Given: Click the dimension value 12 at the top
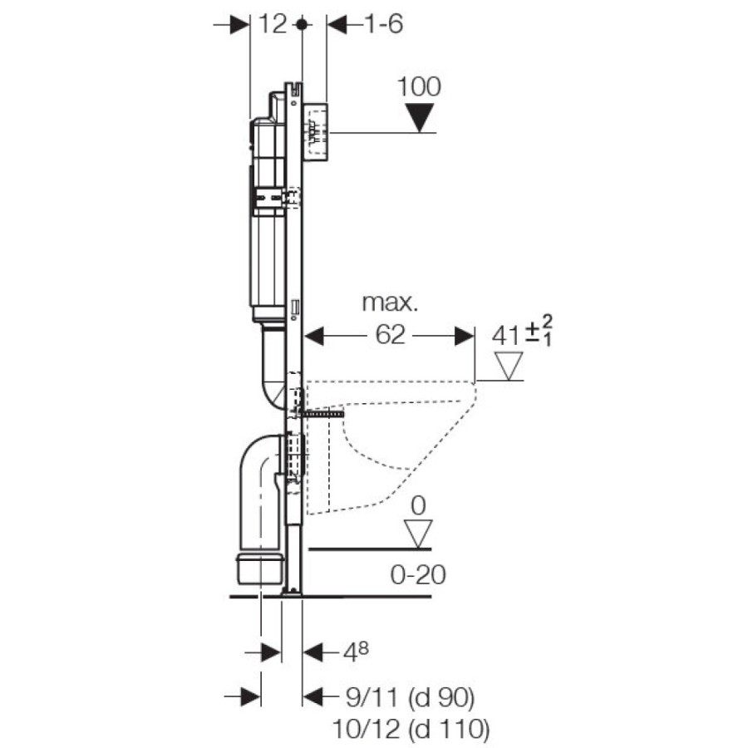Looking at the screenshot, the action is tap(273, 24).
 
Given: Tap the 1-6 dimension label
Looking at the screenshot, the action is tap(384, 24).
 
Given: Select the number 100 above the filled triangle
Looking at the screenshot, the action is tap(420, 86).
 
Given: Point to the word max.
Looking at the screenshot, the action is tap(391, 303).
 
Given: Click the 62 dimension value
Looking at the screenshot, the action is tap(391, 334).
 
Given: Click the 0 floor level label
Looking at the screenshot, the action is tap(418, 505).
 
